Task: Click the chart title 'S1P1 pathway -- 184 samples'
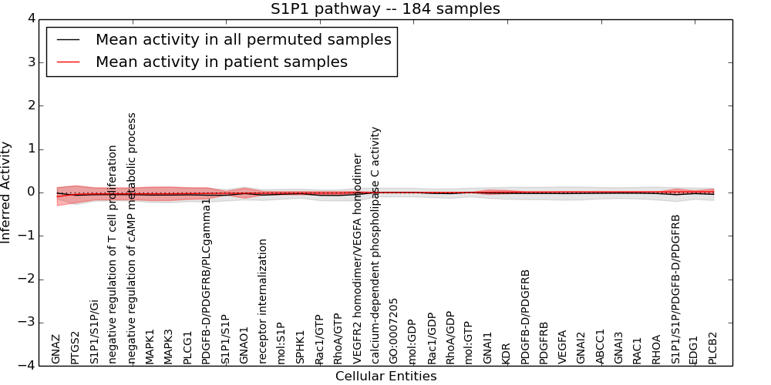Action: tap(385, 9)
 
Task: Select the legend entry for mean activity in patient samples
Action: tap(221, 62)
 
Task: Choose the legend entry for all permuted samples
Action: tap(243, 39)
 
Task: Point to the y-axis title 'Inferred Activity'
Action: tap(7, 192)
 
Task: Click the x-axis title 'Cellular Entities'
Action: tap(385, 377)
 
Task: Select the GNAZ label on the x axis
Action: tap(56, 349)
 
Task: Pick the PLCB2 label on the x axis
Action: tap(713, 348)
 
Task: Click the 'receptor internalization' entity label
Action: tap(263, 301)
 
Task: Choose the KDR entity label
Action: tap(507, 353)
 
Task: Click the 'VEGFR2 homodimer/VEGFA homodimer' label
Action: tap(357, 258)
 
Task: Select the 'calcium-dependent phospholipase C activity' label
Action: tap(375, 245)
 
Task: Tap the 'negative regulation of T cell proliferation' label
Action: tap(113, 254)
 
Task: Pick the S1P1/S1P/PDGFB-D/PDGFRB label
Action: tap(676, 289)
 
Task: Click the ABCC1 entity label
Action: tap(601, 346)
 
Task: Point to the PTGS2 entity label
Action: tap(75, 348)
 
